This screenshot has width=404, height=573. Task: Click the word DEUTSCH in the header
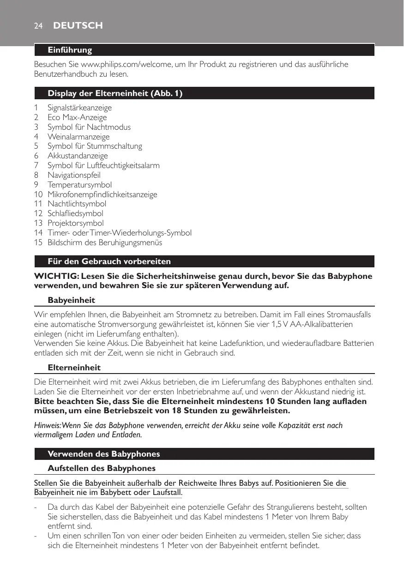coord(78,26)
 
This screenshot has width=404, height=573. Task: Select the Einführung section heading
coord(70,50)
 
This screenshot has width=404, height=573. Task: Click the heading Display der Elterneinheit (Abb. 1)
coord(115,94)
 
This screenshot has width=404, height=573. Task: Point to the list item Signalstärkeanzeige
coord(79,108)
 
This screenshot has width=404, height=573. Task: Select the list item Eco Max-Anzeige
coord(77,117)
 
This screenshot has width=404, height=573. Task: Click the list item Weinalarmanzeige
coord(78,137)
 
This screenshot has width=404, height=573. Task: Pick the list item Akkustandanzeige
coord(78,156)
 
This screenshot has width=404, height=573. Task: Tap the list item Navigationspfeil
coord(74,175)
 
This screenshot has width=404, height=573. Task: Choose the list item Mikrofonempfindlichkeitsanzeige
coord(102,194)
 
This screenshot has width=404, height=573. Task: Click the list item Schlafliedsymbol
coord(75,213)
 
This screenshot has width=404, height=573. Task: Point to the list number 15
coord(38,242)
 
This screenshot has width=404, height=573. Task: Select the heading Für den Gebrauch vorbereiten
coord(109,262)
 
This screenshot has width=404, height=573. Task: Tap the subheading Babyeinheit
coord(71,300)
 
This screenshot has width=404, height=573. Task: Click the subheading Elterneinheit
coord(74,368)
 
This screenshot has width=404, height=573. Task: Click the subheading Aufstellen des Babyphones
coord(101,469)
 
